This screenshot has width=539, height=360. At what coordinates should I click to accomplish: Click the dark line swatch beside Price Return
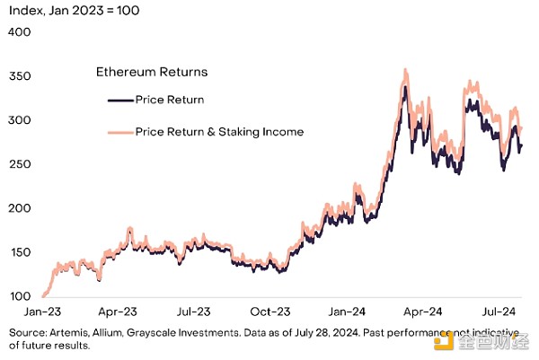(119, 100)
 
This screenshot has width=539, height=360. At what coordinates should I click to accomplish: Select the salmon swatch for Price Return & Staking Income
(119, 132)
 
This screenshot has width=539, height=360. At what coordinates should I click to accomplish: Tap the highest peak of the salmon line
(406, 68)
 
